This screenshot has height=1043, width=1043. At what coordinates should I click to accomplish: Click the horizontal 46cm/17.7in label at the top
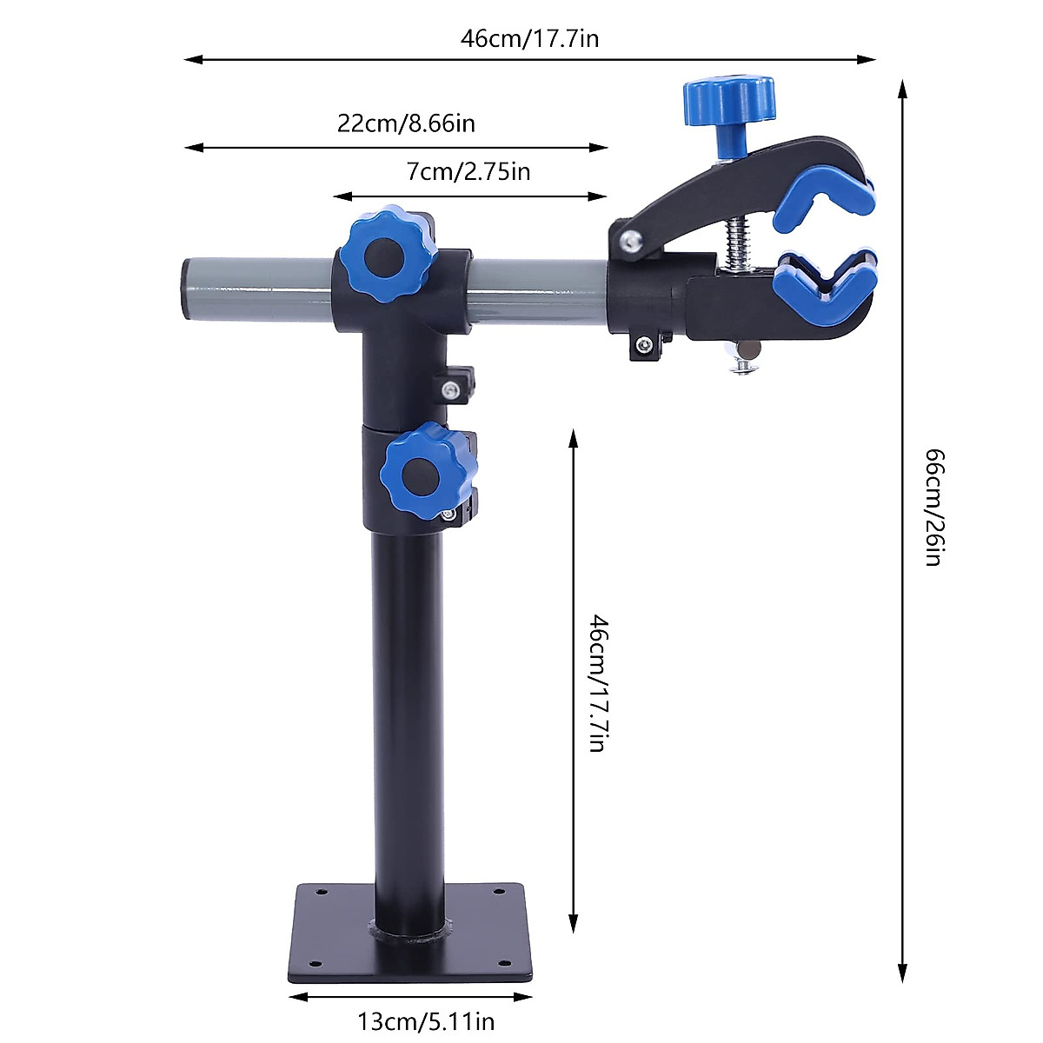point(529,38)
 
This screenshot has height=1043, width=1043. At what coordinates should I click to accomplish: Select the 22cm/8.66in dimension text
point(406,123)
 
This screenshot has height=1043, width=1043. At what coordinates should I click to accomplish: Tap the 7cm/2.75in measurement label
point(468,171)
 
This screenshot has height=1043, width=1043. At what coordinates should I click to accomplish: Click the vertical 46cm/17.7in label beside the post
point(599,682)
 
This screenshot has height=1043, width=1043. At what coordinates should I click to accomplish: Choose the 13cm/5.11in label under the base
point(426,1020)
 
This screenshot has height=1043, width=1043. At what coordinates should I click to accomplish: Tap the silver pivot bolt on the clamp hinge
point(629,242)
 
